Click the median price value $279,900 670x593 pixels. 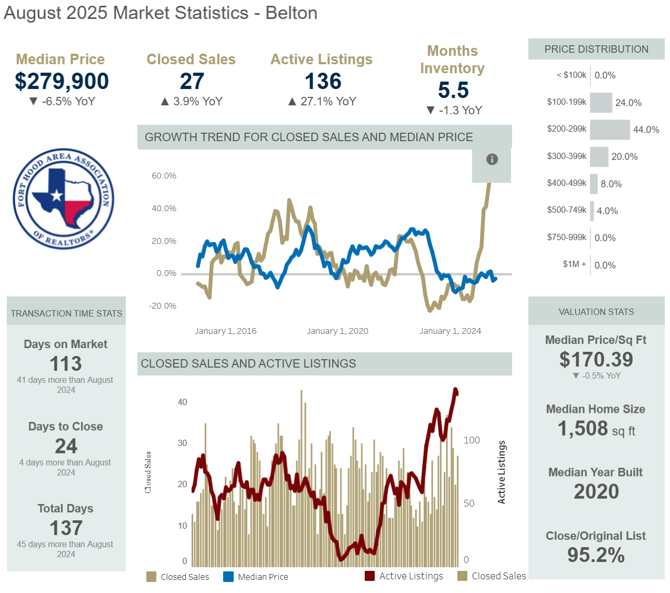62,81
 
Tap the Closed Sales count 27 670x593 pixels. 192,81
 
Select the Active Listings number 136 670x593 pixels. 323,81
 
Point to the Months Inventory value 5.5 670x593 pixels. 453,90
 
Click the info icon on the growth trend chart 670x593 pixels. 492,159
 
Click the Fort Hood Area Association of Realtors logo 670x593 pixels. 63,199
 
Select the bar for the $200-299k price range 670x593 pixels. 609,130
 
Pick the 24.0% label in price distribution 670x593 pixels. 628,103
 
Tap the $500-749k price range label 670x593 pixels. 566,210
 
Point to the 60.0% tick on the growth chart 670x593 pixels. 164,176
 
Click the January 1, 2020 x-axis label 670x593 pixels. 337,331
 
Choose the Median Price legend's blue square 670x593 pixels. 228,577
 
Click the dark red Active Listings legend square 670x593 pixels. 369,576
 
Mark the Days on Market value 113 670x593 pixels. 66,363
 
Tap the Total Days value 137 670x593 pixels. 66,528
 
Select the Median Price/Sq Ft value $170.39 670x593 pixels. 596,359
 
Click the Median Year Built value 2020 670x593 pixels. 596,491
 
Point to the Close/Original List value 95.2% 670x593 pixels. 596,555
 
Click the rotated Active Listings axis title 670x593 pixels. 502,472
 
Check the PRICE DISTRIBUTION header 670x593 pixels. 596,49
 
